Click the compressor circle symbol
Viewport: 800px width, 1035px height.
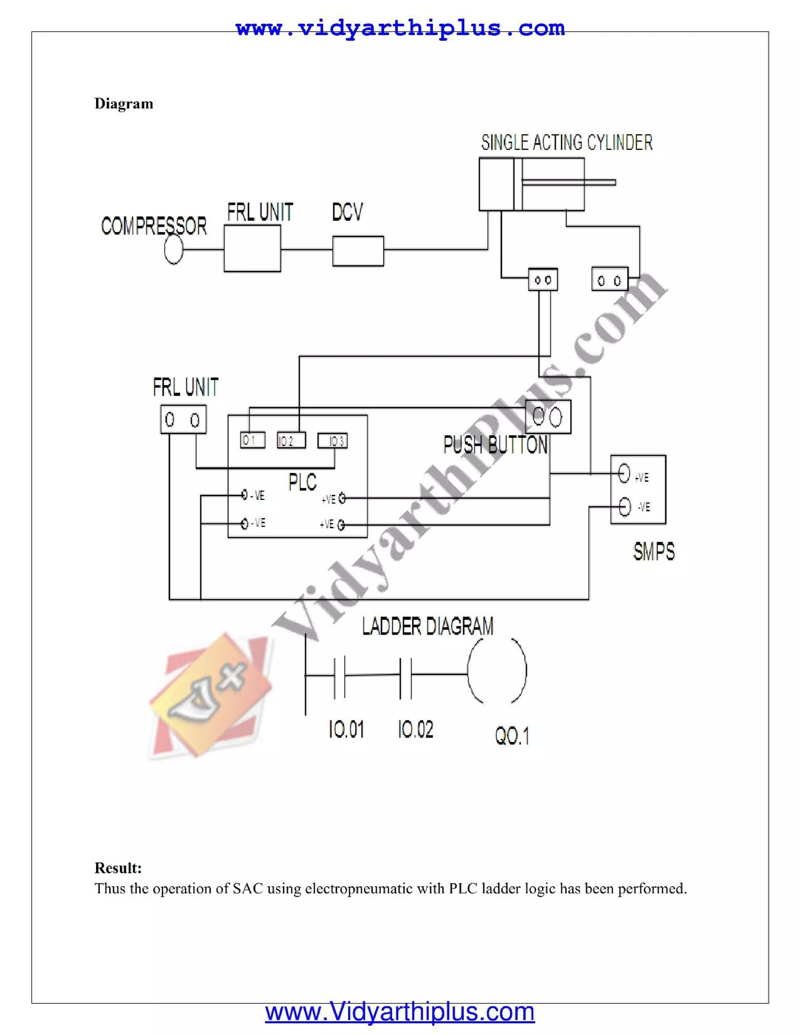coord(173,250)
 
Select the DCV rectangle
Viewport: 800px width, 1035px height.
coord(358,251)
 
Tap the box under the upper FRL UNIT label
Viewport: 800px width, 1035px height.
coord(252,248)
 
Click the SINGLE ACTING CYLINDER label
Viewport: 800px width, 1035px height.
coord(567,143)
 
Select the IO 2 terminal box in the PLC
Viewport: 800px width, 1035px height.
coord(291,441)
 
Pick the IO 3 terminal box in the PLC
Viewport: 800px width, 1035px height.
coord(332,441)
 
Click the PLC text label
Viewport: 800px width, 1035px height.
coord(302,482)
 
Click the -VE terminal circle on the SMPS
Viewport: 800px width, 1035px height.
coord(625,507)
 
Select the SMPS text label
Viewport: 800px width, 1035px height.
coord(654,551)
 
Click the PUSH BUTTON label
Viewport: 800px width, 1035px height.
coord(495,445)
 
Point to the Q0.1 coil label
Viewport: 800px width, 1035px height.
coord(512,736)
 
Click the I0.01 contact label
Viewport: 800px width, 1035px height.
coord(346,729)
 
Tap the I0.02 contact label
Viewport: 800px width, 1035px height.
coord(416,729)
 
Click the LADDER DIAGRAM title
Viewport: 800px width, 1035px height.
coord(427,626)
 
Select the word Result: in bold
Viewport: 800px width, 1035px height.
coord(118,868)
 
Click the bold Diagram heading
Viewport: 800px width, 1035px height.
coord(124,104)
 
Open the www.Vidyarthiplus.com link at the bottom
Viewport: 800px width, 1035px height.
coord(400,1013)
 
